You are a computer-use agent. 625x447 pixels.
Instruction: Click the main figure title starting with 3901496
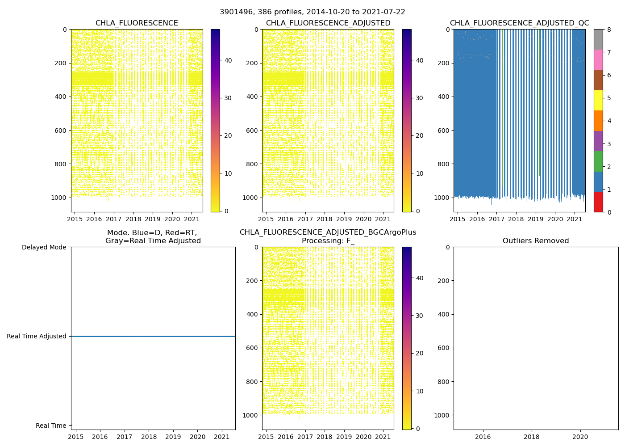pyautogui.click(x=312, y=12)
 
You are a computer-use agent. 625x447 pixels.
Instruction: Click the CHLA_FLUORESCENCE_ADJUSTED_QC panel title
pyautogui.click(x=519, y=23)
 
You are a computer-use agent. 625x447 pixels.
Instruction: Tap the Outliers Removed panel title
pyautogui.click(x=536, y=241)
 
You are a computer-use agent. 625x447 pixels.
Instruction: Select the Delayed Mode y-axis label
pyautogui.click(x=44, y=247)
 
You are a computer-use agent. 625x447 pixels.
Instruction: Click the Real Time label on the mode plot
pyautogui.click(x=51, y=426)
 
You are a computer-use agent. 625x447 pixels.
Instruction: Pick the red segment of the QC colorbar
pyautogui.click(x=598, y=202)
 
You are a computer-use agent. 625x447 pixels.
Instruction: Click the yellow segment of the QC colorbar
pyautogui.click(x=598, y=100)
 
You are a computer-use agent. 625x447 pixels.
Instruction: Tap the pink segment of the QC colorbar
pyautogui.click(x=598, y=59)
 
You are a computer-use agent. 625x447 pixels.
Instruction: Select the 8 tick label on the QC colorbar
pyautogui.click(x=609, y=30)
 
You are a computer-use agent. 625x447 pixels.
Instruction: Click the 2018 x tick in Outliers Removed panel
pyautogui.click(x=531, y=436)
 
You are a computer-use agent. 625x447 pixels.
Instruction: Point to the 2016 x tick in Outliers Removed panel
pyautogui.click(x=483, y=436)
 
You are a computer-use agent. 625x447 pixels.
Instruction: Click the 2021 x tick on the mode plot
pyautogui.click(x=222, y=436)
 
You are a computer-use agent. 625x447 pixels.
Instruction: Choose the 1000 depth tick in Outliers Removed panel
pyautogui.click(x=441, y=415)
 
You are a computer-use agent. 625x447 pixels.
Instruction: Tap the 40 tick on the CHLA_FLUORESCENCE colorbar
pyautogui.click(x=228, y=60)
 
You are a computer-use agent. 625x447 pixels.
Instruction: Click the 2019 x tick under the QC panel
pyautogui.click(x=535, y=219)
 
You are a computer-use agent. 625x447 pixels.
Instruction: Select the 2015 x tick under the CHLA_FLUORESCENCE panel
pyautogui.click(x=75, y=219)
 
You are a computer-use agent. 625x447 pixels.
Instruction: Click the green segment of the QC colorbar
pyautogui.click(x=598, y=161)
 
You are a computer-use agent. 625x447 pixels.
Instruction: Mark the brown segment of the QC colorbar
pyautogui.click(x=598, y=80)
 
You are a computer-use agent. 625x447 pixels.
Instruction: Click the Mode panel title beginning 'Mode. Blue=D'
pyautogui.click(x=153, y=237)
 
